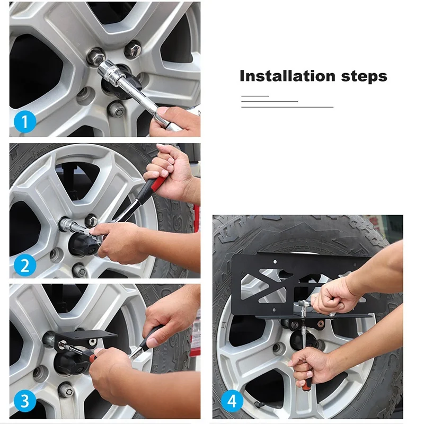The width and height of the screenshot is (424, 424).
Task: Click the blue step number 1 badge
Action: (x=25, y=121)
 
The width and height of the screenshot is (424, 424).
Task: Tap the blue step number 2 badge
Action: (x=25, y=266)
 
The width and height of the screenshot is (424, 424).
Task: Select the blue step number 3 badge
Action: (x=25, y=401)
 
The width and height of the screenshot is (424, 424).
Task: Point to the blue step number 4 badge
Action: (x=232, y=401)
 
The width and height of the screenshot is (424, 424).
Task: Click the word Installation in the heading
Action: (x=287, y=76)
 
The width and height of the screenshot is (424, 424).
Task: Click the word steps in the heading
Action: (x=364, y=77)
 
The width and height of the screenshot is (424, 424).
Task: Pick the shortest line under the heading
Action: (x=255, y=96)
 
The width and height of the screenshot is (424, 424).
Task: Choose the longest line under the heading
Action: (x=287, y=107)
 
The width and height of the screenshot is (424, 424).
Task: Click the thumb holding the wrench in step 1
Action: (x=168, y=111)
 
